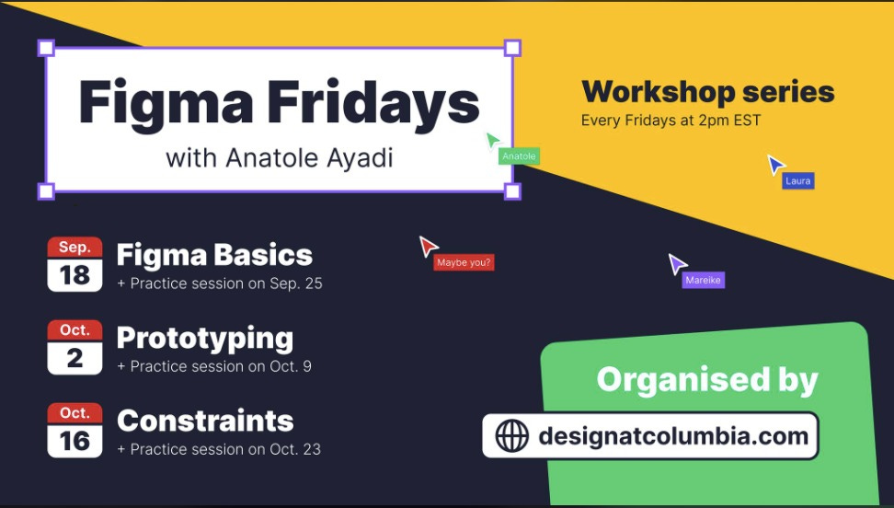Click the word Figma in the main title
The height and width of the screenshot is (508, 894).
(166, 103)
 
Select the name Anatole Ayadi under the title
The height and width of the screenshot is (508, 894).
(310, 158)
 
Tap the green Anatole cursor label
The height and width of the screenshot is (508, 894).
(519, 156)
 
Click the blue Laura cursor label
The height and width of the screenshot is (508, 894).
(797, 181)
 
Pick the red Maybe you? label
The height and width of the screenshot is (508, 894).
(464, 262)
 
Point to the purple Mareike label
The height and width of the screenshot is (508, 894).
(703, 280)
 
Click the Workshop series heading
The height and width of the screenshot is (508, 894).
(708, 92)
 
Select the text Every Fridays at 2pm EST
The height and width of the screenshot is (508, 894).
(671, 121)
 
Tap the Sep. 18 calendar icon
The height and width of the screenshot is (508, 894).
(74, 264)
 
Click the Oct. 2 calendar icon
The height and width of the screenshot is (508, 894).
(74, 347)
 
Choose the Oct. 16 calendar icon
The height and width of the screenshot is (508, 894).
(74, 430)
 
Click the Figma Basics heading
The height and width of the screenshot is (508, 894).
(214, 255)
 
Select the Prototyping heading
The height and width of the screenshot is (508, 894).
(205, 339)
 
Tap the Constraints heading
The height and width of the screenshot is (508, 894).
(205, 421)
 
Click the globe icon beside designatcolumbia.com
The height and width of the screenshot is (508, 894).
(511, 436)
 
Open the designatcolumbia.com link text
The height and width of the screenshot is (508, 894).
(673, 436)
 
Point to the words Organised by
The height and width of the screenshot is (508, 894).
(707, 380)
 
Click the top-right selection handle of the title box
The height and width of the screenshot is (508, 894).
(512, 48)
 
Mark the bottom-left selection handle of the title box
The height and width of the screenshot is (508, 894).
(46, 191)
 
